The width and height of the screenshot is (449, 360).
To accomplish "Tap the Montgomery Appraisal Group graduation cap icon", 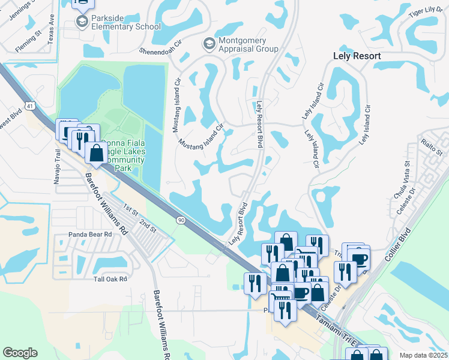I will click(209, 44).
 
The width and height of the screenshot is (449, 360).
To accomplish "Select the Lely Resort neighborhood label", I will click(357, 56).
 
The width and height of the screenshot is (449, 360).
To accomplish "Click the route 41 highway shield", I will click(30, 106).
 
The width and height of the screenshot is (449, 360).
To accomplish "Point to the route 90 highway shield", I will click(181, 221).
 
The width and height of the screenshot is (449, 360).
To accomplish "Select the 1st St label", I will click(131, 209).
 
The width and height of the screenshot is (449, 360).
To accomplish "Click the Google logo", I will click(20, 352).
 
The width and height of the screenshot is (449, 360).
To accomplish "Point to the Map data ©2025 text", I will click(423, 355).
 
